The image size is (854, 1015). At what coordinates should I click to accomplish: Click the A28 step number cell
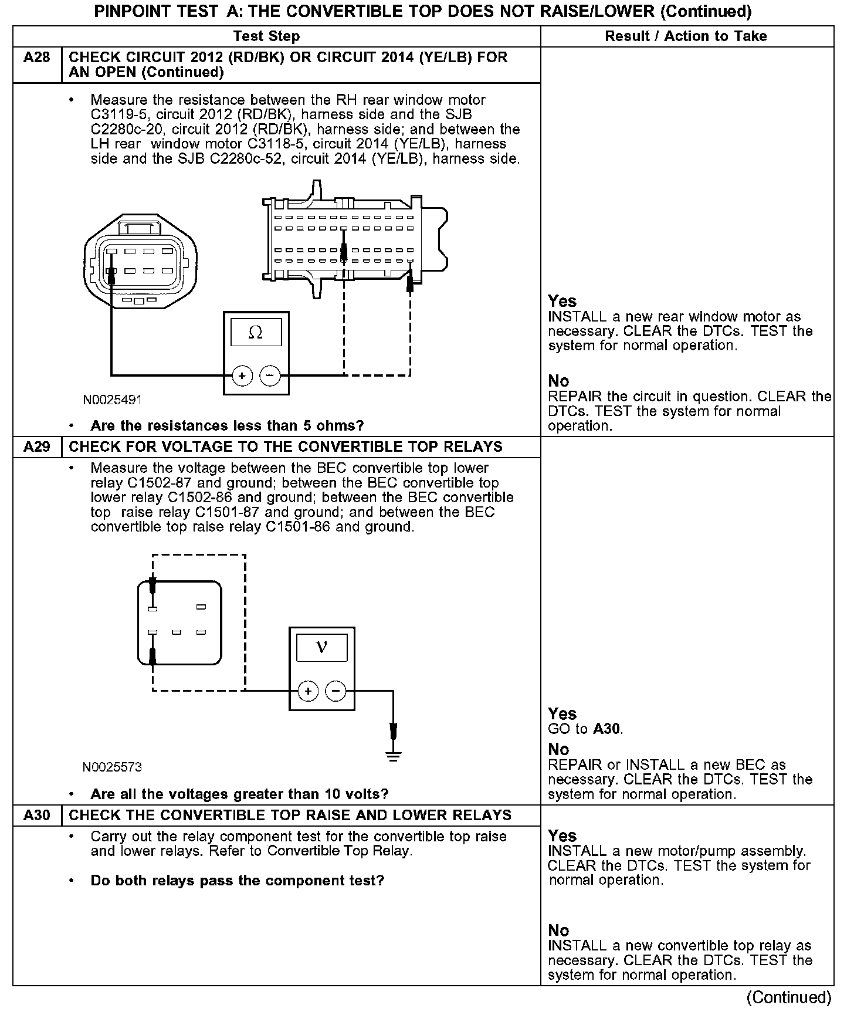pos(36,58)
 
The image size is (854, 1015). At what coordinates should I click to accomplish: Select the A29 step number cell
pos(36,447)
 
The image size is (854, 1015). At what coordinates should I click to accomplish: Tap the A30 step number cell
pos(36,816)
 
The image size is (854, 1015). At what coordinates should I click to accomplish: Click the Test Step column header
pos(266,36)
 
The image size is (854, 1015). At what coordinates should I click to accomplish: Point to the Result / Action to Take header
pos(686,36)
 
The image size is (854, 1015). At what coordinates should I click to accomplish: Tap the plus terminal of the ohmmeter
pos(242,375)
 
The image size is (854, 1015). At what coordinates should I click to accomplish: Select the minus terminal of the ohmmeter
pos(270,375)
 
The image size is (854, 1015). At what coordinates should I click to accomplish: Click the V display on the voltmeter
pos(321,648)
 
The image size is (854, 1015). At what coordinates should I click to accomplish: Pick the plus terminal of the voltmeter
pos(309,691)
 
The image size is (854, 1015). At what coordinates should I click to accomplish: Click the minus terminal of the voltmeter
pos(335,691)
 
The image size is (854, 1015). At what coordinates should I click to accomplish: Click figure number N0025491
pos(112,400)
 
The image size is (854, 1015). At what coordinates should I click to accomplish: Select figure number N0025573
pos(112,767)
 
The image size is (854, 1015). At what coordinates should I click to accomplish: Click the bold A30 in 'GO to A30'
pos(607,729)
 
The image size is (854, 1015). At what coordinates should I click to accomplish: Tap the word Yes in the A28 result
pos(562,302)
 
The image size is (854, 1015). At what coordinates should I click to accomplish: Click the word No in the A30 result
pos(558,931)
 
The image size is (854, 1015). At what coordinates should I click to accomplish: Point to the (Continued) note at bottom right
pos(788,997)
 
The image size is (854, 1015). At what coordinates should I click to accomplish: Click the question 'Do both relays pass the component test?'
pos(237,881)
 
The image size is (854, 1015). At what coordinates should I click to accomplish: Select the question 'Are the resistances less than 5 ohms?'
pos(227,425)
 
